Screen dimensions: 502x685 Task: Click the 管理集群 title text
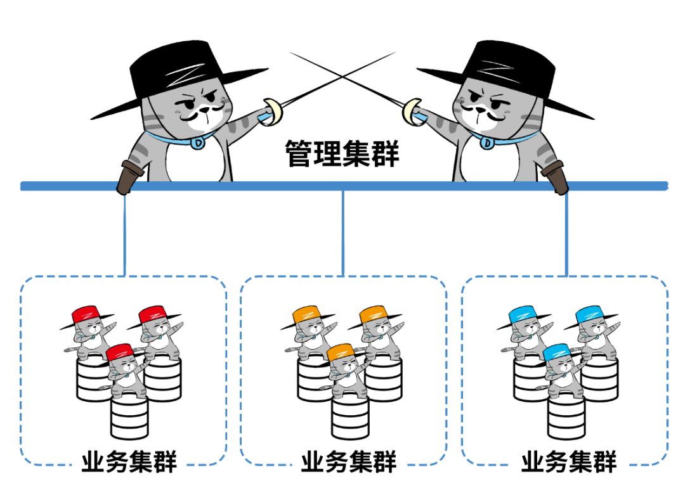342,154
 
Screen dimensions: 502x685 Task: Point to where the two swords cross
342,75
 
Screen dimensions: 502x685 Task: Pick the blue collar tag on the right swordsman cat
486,143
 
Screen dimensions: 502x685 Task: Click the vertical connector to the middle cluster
342,231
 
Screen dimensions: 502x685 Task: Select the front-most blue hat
556,352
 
